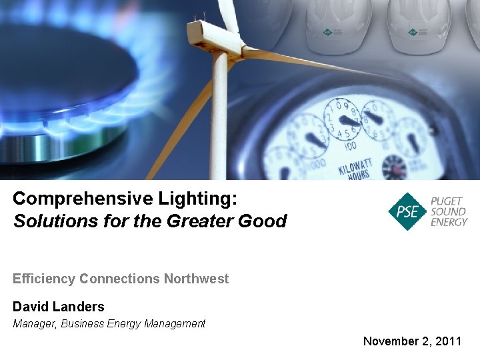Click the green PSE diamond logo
407,212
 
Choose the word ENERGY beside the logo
449,222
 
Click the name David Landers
59,307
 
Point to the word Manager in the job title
35,324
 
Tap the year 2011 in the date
447,341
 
